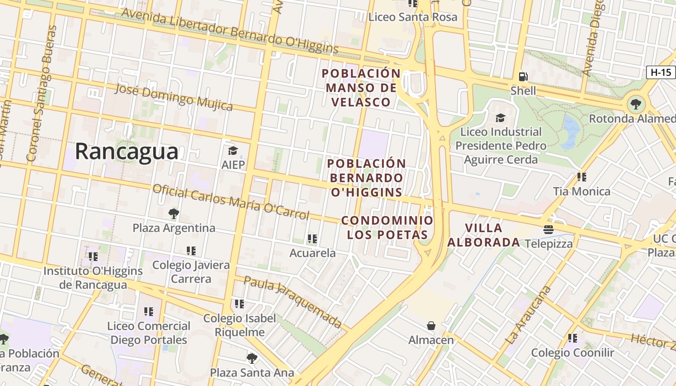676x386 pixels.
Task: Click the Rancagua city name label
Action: click(127, 152)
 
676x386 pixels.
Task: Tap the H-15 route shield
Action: click(661, 72)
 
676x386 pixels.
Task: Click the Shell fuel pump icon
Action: click(523, 77)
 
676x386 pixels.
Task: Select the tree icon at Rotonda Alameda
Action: click(636, 103)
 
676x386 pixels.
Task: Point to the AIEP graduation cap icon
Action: click(233, 151)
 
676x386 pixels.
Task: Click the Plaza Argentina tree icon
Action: click(173, 213)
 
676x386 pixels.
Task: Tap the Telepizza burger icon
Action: click(548, 229)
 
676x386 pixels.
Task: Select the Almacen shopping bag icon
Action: click(431, 326)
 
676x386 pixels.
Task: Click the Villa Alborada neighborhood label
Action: click(483, 235)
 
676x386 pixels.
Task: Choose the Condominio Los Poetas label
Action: click(387, 227)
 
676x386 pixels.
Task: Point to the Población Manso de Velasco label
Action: click(361, 88)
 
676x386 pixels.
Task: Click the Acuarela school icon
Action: click(312, 238)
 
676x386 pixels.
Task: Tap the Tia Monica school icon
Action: click(581, 177)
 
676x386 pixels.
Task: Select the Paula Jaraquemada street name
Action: click(293, 301)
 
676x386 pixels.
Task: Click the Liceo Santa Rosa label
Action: click(412, 17)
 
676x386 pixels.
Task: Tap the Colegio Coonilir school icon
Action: click(572, 338)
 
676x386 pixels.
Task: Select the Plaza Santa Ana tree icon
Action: click(252, 358)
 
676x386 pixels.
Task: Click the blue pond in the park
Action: click(570, 131)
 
